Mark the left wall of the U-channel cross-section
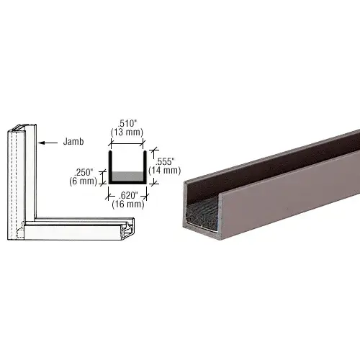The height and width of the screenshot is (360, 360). (109, 167)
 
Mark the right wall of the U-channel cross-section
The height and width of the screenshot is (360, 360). (149, 167)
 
